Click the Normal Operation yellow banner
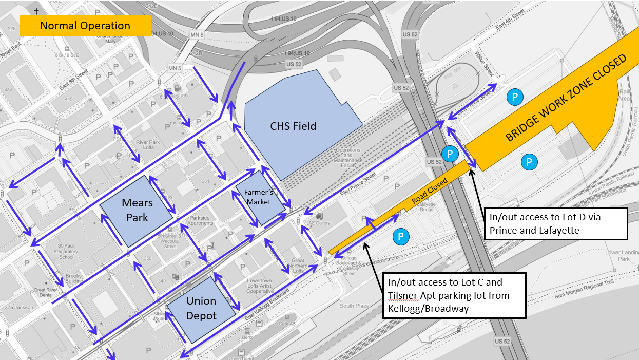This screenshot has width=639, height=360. click(85, 26)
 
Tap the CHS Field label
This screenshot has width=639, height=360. click(293, 126)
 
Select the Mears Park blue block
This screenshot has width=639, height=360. click(134, 211)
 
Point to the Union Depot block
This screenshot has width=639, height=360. click(201, 308)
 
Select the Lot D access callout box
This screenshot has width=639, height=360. click(556, 224)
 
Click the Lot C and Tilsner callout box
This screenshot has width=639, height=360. click(455, 296)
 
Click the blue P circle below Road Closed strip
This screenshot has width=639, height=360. click(401, 237)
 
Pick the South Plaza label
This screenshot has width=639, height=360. click(354, 306)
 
